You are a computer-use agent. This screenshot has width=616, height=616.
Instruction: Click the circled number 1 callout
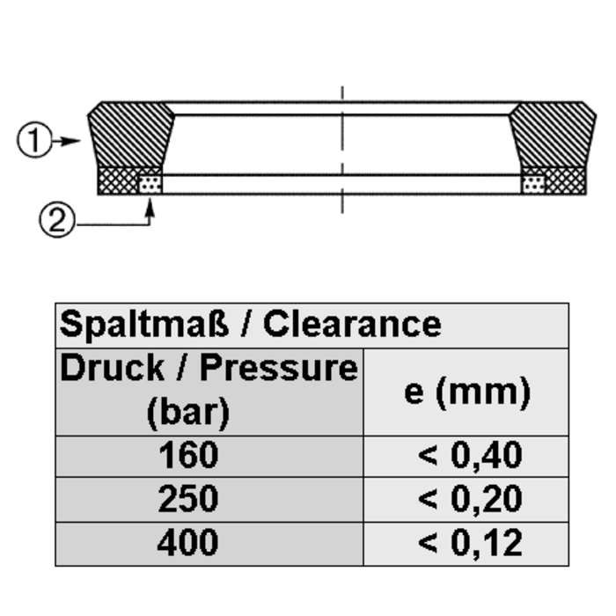pyautogui.click(x=34, y=140)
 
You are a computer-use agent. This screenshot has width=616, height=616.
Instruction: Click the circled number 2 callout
pyautogui.click(x=56, y=220)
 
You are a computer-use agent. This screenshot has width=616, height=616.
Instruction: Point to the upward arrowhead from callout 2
pyautogui.click(x=150, y=208)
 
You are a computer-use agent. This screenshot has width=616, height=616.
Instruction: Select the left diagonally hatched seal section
pyautogui.click(x=130, y=134)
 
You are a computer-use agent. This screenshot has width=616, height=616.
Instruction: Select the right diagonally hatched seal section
pyautogui.click(x=553, y=134)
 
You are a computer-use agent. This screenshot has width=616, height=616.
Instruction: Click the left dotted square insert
pyautogui.click(x=150, y=184)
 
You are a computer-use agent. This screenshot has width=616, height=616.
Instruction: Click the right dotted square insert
pyautogui.click(x=533, y=184)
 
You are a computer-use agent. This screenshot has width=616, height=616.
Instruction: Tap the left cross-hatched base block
pyautogui.click(x=118, y=180)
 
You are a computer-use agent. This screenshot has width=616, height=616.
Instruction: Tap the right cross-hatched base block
pyautogui.click(x=565, y=180)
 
